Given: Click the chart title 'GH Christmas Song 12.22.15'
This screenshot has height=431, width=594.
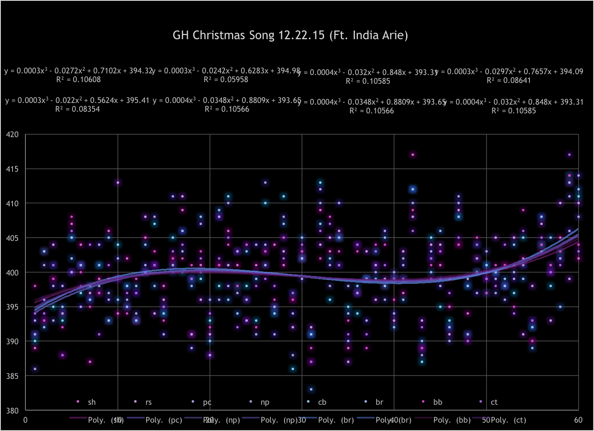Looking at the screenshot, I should [290, 35].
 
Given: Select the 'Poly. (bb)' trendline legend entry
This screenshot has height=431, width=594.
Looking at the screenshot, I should [447, 420].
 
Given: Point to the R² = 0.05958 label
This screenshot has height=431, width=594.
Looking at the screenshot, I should [226, 79].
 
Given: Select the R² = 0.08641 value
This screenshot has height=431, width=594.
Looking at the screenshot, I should [509, 80].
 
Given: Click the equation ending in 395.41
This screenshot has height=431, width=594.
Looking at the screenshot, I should [77, 100].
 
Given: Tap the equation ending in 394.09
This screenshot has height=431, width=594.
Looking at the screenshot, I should [509, 72].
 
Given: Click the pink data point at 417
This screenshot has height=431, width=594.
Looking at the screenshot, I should [412, 155].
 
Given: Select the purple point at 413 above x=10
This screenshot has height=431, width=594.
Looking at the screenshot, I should [118, 183].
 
